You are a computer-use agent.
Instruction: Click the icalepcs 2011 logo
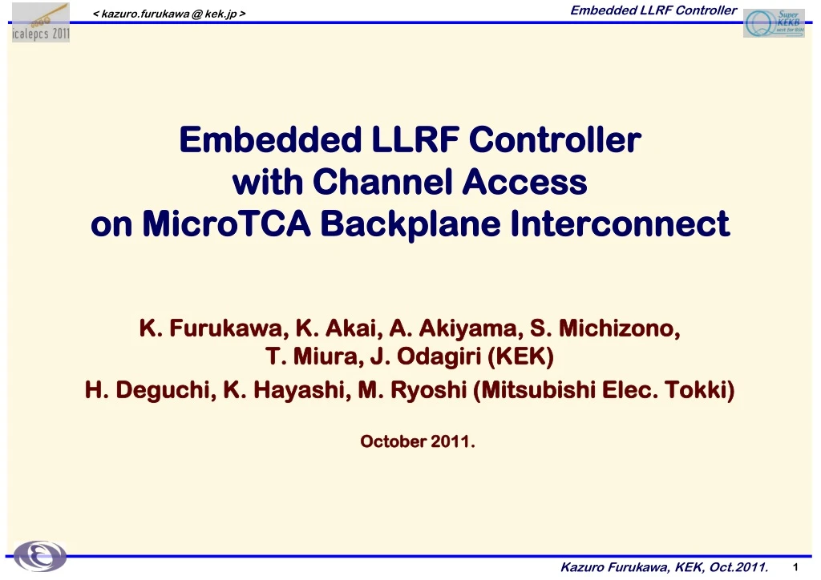[40, 22]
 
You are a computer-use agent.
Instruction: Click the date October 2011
[417, 441]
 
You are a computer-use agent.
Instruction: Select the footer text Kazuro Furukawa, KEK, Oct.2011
[665, 568]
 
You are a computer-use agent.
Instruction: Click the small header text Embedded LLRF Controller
[653, 10]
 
